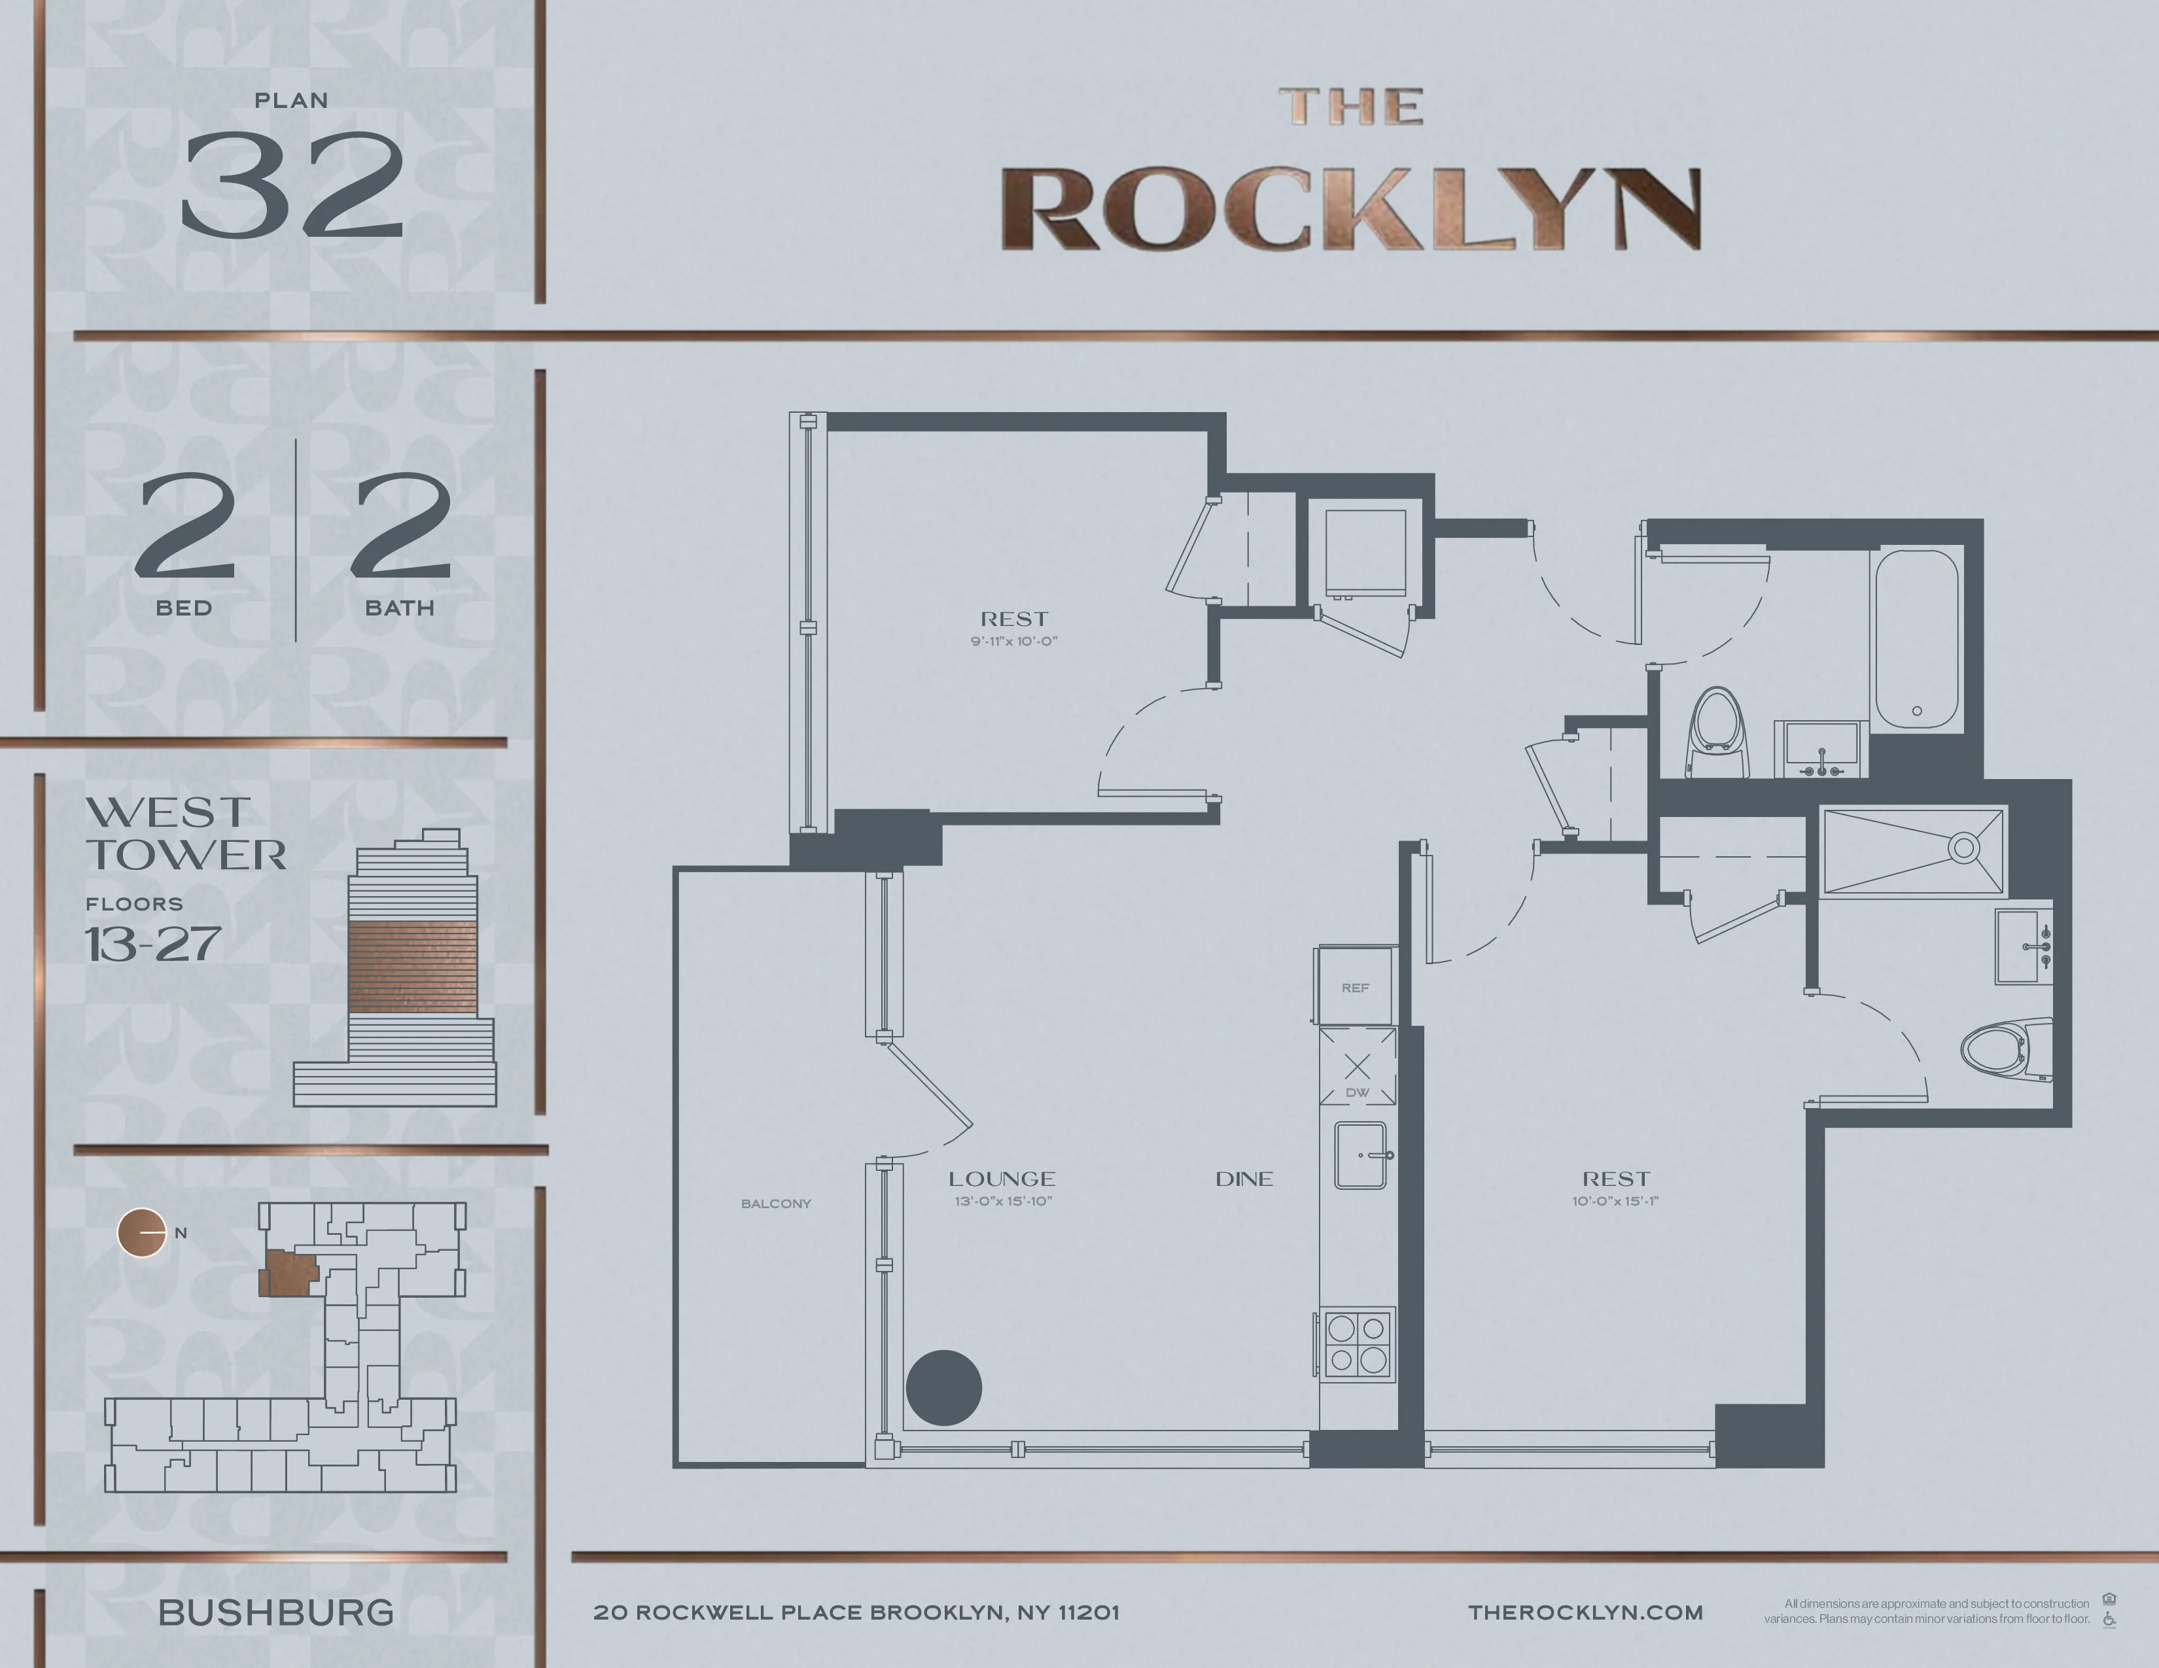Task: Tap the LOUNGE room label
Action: [1002, 1179]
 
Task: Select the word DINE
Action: [1244, 1179]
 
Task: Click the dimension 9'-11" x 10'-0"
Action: [1014, 641]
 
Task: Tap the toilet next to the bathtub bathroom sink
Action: [1718, 733]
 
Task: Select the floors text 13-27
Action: [152, 945]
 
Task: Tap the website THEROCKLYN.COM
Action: [1586, 1612]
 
